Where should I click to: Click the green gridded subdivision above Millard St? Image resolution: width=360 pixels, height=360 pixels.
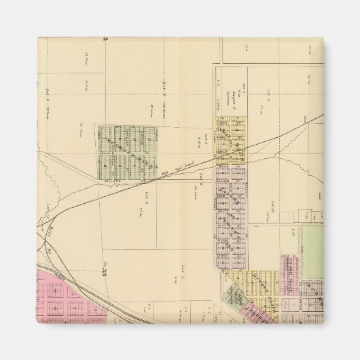(127, 150)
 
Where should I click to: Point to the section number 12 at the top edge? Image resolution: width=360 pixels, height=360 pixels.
(105, 39)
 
